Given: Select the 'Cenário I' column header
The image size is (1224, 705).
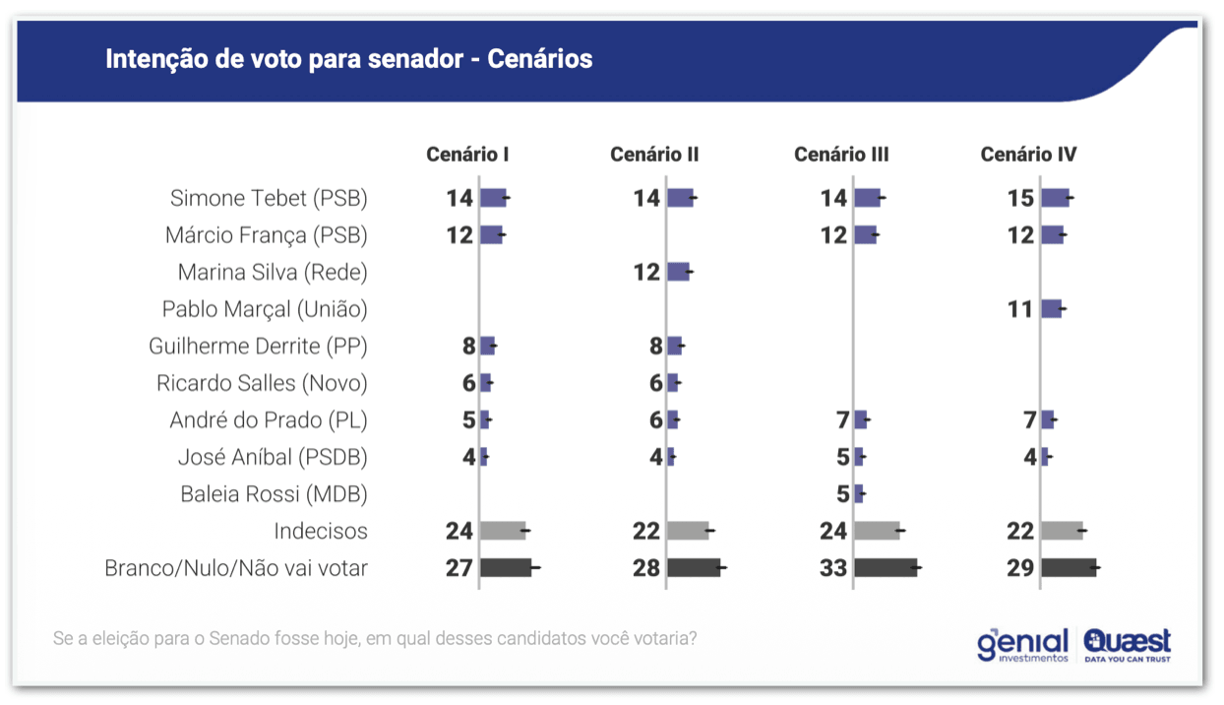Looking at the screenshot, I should [x=467, y=155].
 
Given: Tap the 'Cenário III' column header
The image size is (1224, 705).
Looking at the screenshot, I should [x=841, y=155].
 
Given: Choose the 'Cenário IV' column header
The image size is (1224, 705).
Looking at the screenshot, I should [x=1028, y=155].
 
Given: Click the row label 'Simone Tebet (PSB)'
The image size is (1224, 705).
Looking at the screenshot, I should [x=269, y=198].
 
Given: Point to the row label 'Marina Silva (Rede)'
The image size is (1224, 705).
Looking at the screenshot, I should [x=273, y=272].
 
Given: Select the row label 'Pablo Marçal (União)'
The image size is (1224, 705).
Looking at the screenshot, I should [x=265, y=309].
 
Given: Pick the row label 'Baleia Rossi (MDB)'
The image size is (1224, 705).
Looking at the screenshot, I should [x=274, y=494].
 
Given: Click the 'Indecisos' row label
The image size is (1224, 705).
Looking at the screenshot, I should [x=321, y=532].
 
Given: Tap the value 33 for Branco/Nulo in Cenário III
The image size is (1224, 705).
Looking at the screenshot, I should [x=833, y=568].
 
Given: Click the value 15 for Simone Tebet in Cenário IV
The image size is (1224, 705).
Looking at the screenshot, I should [x=1020, y=198].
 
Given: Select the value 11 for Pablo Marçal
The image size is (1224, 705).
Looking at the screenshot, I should [x=1020, y=309].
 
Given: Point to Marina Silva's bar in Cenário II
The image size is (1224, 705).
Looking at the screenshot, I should [x=678, y=272].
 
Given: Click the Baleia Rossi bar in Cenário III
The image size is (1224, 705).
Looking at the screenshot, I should [x=859, y=494].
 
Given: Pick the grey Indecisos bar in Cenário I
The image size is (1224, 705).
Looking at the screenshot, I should [x=503, y=532].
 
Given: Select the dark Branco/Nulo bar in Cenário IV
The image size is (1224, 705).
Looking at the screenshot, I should [x=1069, y=568].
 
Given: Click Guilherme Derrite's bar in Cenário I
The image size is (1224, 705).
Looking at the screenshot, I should [x=487, y=346].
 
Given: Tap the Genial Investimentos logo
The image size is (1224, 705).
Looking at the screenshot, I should [x=1022, y=645].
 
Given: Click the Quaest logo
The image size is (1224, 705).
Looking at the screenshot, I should [x=1128, y=645].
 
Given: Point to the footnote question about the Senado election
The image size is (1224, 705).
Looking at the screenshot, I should [x=375, y=638].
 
